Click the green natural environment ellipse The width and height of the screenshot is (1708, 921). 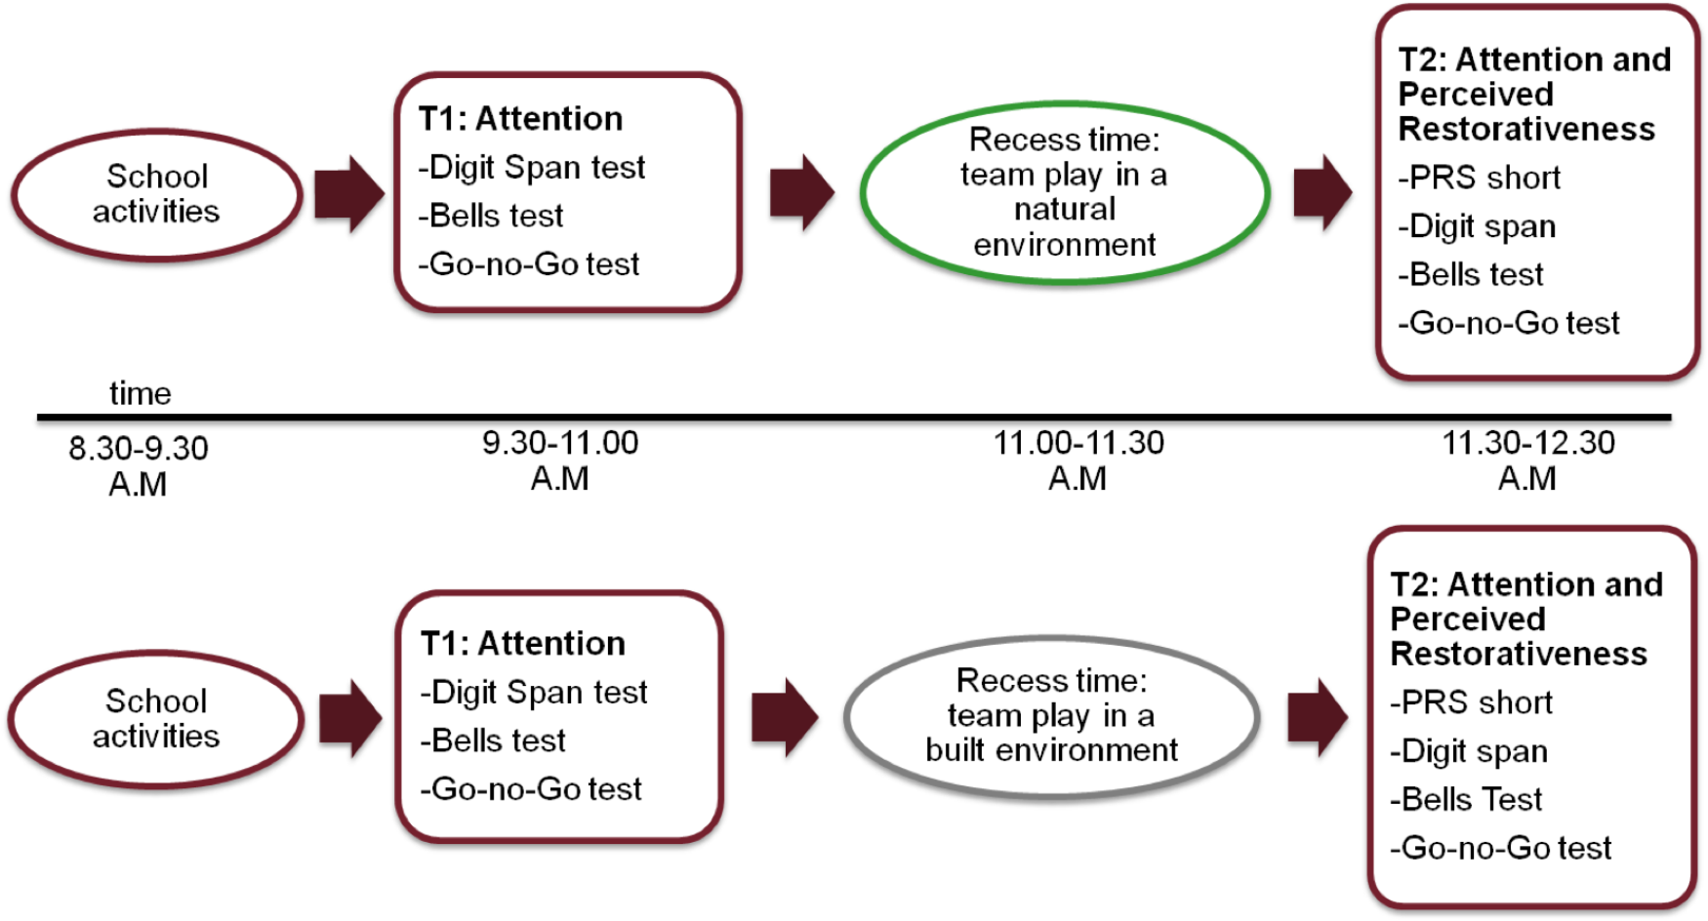tap(1064, 192)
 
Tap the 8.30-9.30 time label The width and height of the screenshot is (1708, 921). tap(138, 465)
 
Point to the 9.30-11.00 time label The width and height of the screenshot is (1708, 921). tap(560, 460)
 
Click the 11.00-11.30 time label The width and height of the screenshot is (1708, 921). tap(1078, 460)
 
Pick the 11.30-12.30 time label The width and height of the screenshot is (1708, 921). tap(1528, 460)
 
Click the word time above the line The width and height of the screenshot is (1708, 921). tap(140, 393)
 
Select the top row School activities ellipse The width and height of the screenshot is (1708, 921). tap(156, 194)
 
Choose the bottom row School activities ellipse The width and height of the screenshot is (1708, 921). tap(156, 718)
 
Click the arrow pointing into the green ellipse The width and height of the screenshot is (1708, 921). tap(801, 192)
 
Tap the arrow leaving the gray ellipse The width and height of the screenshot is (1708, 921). tap(1318, 717)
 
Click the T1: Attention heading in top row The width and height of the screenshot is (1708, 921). tap(520, 119)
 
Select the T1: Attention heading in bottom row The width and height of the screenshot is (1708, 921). tap(522, 644)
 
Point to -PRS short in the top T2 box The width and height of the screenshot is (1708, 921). tap(1479, 178)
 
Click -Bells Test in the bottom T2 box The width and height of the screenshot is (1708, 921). tap(1466, 799)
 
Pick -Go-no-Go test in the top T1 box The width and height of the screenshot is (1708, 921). tap(529, 263)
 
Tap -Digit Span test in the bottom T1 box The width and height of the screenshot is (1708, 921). tap(534, 692)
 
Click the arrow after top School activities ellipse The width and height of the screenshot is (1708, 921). tap(348, 193)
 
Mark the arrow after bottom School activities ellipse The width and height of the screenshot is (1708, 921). tap(349, 718)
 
